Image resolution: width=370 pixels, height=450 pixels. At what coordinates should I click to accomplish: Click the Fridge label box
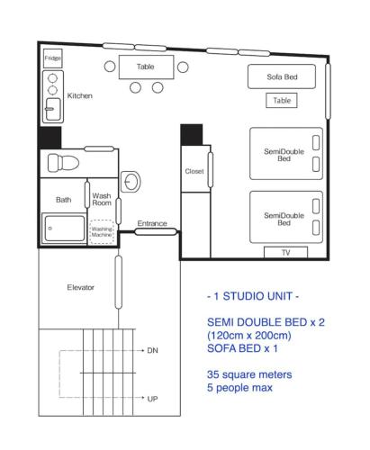point(52,58)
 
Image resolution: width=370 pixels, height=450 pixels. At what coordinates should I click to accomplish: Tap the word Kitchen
point(80,95)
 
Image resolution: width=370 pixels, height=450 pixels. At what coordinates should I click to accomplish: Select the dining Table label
point(145,67)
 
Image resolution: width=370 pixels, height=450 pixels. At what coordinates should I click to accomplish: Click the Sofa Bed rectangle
point(282,77)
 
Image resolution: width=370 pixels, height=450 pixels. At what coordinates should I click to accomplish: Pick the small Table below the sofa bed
point(282,101)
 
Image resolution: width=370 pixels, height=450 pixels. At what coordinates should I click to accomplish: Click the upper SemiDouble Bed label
point(284,155)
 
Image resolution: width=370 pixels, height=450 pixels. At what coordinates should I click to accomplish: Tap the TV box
point(285,253)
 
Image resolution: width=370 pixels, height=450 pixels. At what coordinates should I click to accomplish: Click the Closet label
point(194,171)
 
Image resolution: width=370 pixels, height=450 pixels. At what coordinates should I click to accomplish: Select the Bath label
point(63,200)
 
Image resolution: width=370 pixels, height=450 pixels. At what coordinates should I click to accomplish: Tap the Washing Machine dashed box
point(102,232)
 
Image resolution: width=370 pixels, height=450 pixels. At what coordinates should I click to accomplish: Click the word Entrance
point(152,223)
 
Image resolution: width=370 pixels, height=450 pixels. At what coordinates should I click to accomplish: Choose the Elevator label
point(81,287)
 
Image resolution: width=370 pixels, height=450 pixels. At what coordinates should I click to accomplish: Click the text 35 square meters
point(249,373)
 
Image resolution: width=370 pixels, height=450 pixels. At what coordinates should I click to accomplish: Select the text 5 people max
point(239,388)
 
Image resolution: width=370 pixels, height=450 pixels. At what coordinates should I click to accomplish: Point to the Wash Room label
point(102,199)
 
